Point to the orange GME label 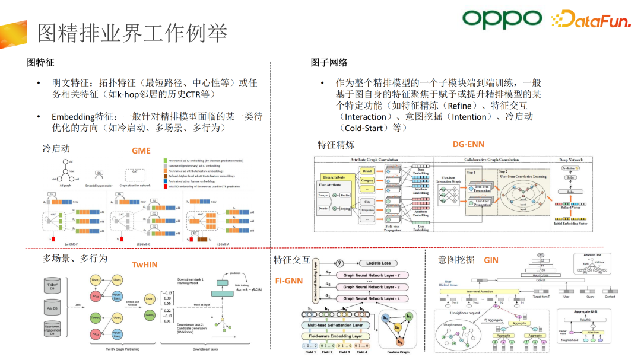[141, 151]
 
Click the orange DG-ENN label [468, 144]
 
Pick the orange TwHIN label [145, 265]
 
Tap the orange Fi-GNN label [288, 281]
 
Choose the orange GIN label [491, 260]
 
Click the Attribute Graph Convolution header [375, 160]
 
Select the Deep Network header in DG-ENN [571, 160]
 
